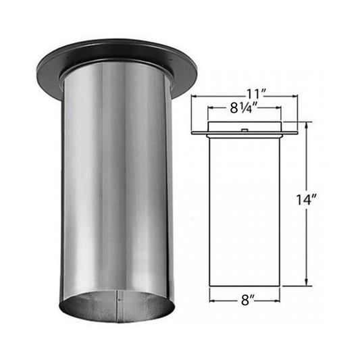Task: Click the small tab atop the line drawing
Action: tap(244, 129)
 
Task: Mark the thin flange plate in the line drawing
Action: tap(244, 132)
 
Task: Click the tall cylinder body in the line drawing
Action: tap(244, 209)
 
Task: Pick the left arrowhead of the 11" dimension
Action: tap(194, 97)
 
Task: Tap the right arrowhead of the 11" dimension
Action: tap(294, 97)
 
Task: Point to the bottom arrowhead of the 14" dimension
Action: tap(308, 283)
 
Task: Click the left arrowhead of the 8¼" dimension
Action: tap(209, 107)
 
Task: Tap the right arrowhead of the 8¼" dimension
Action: tap(279, 107)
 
